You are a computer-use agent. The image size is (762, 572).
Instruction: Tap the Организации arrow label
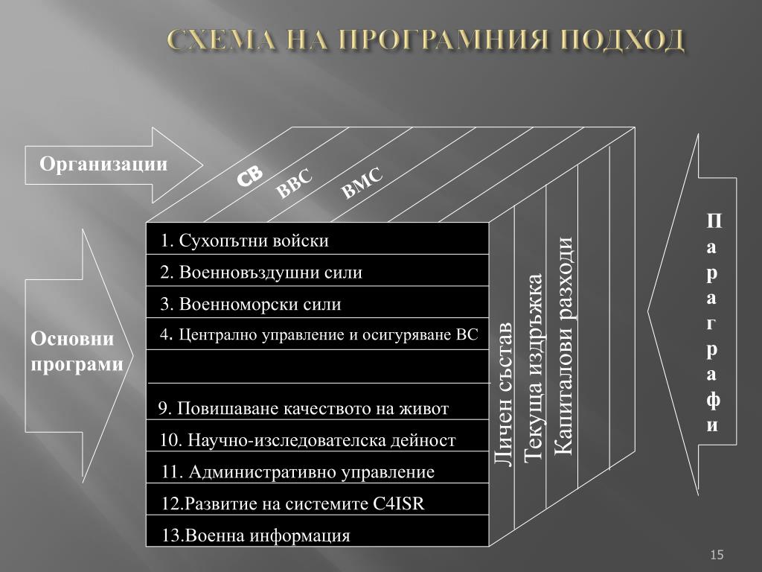[x=103, y=163]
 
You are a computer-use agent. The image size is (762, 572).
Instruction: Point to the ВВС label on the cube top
[x=294, y=184]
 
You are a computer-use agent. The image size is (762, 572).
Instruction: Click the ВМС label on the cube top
[x=362, y=183]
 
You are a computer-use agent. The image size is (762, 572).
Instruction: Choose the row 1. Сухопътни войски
[x=244, y=241]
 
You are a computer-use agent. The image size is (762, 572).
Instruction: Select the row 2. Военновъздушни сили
[x=261, y=273]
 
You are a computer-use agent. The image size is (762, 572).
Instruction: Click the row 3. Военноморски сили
[x=251, y=304]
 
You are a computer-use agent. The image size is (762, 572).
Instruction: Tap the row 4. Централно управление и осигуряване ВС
[x=318, y=334]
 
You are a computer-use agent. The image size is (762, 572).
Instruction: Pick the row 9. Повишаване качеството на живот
[x=304, y=408]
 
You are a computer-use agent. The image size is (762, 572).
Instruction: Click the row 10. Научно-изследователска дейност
[x=307, y=440]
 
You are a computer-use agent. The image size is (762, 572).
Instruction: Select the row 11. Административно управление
[x=298, y=471]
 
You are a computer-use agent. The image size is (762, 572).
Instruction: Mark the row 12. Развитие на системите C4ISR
[x=292, y=503]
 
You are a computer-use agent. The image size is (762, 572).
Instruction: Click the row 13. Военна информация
[x=255, y=535]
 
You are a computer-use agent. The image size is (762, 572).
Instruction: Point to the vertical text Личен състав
[x=504, y=395]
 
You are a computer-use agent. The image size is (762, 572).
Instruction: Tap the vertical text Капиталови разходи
[x=563, y=347]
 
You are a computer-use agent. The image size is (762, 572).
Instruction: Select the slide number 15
[x=717, y=554]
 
